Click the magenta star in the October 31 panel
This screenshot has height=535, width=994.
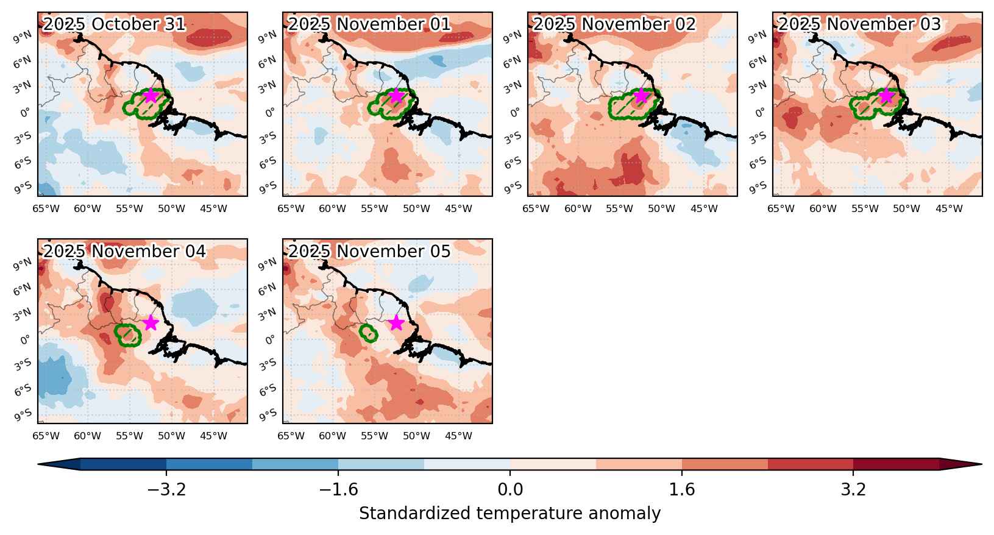pos(151,96)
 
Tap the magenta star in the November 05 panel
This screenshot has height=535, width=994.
pos(396,323)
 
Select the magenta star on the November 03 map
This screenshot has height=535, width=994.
pos(886,96)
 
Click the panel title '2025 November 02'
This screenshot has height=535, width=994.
pos(614,24)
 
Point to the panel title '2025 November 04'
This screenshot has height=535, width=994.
pos(124,251)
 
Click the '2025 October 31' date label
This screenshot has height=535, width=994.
pos(114,24)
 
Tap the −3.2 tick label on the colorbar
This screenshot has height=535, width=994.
pos(166,489)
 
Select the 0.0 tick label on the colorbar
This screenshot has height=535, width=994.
pos(510,489)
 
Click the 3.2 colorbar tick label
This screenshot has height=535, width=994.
pos(853,489)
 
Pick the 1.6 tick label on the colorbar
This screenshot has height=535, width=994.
pos(681,489)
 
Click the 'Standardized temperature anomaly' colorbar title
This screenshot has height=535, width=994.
pos(510,513)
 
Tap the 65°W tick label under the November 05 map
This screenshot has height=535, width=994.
pos(291,436)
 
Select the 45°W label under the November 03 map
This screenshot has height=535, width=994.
pos(949,208)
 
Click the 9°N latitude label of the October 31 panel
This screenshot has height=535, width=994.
pos(22,37)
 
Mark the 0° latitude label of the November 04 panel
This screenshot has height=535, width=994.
pos(26,340)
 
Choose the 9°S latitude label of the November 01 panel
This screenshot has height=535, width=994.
pos(268,188)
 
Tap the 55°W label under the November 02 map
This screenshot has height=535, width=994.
pos(619,208)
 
